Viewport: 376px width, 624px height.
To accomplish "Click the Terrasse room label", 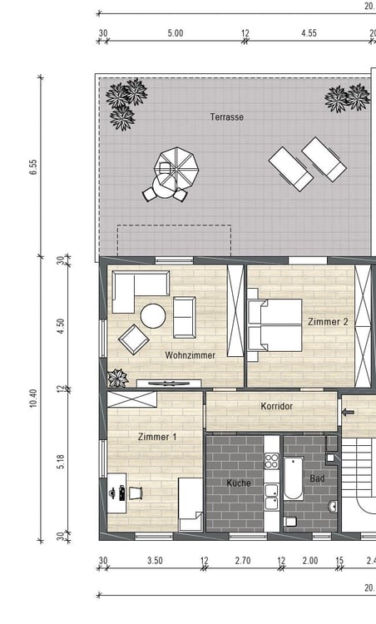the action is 227,117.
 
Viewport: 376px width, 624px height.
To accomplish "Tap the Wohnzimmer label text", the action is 190,355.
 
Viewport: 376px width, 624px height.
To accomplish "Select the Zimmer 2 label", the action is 328,321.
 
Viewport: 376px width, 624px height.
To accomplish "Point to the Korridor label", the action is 276,406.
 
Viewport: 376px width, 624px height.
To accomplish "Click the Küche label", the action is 239,483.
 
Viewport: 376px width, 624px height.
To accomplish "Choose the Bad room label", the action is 317,478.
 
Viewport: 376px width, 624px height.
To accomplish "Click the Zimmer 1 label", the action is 157,437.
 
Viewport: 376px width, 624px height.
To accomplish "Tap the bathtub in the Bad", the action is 294,478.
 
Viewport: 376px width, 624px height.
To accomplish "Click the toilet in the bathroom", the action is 290,522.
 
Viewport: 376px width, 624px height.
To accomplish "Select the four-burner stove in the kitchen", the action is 272,460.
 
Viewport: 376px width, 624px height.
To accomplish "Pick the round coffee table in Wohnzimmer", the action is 153,316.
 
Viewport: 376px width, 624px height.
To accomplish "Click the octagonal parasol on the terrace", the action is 176,166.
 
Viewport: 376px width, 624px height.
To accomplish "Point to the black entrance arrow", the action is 349,413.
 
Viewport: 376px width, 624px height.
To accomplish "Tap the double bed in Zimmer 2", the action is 275,325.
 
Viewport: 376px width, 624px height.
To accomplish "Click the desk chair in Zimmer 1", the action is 135,493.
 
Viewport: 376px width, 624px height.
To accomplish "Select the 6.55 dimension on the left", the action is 33,166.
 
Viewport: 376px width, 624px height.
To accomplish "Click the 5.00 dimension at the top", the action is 176,33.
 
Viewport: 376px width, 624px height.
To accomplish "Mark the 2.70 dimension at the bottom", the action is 243,561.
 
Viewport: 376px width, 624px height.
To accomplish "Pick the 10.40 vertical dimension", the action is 33,398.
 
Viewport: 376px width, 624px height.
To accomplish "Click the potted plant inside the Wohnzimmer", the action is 118,378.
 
